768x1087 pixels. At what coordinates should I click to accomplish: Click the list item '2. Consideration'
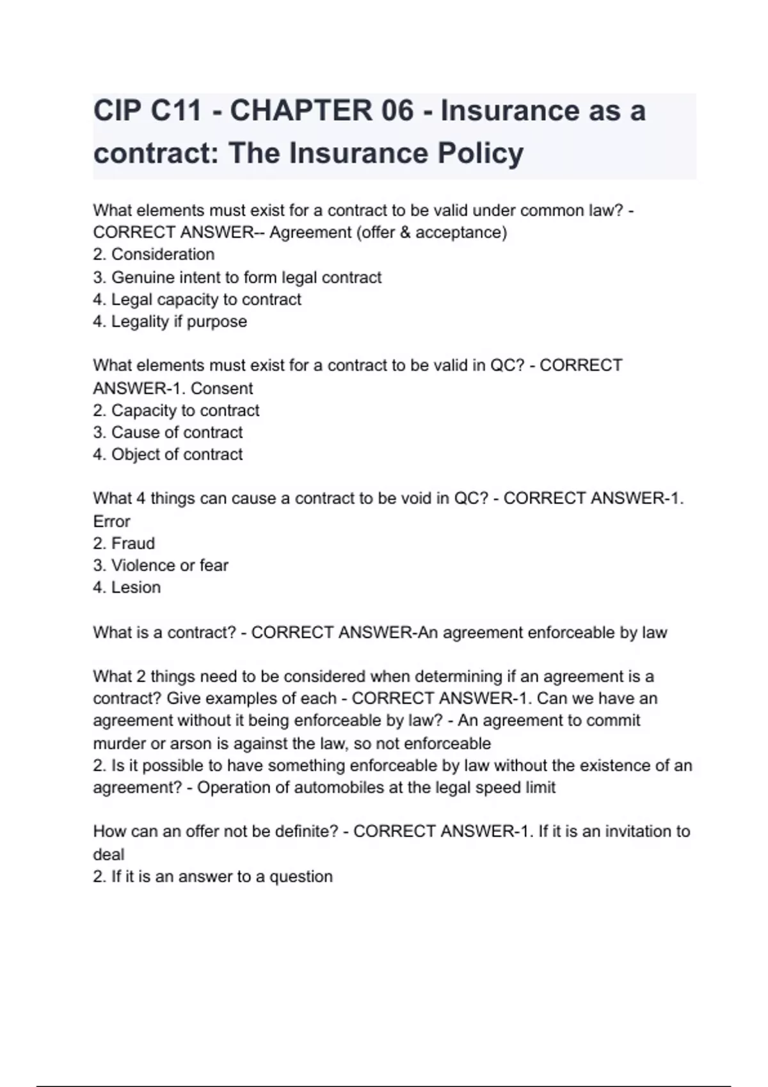(154, 254)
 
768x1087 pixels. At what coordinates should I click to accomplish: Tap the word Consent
(221, 388)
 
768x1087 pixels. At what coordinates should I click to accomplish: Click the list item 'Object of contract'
(168, 455)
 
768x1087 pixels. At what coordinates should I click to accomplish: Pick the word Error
(111, 521)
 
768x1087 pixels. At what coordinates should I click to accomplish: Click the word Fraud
(133, 543)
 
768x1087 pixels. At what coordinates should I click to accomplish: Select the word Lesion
(136, 588)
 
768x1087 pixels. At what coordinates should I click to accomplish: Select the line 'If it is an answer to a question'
(213, 877)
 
